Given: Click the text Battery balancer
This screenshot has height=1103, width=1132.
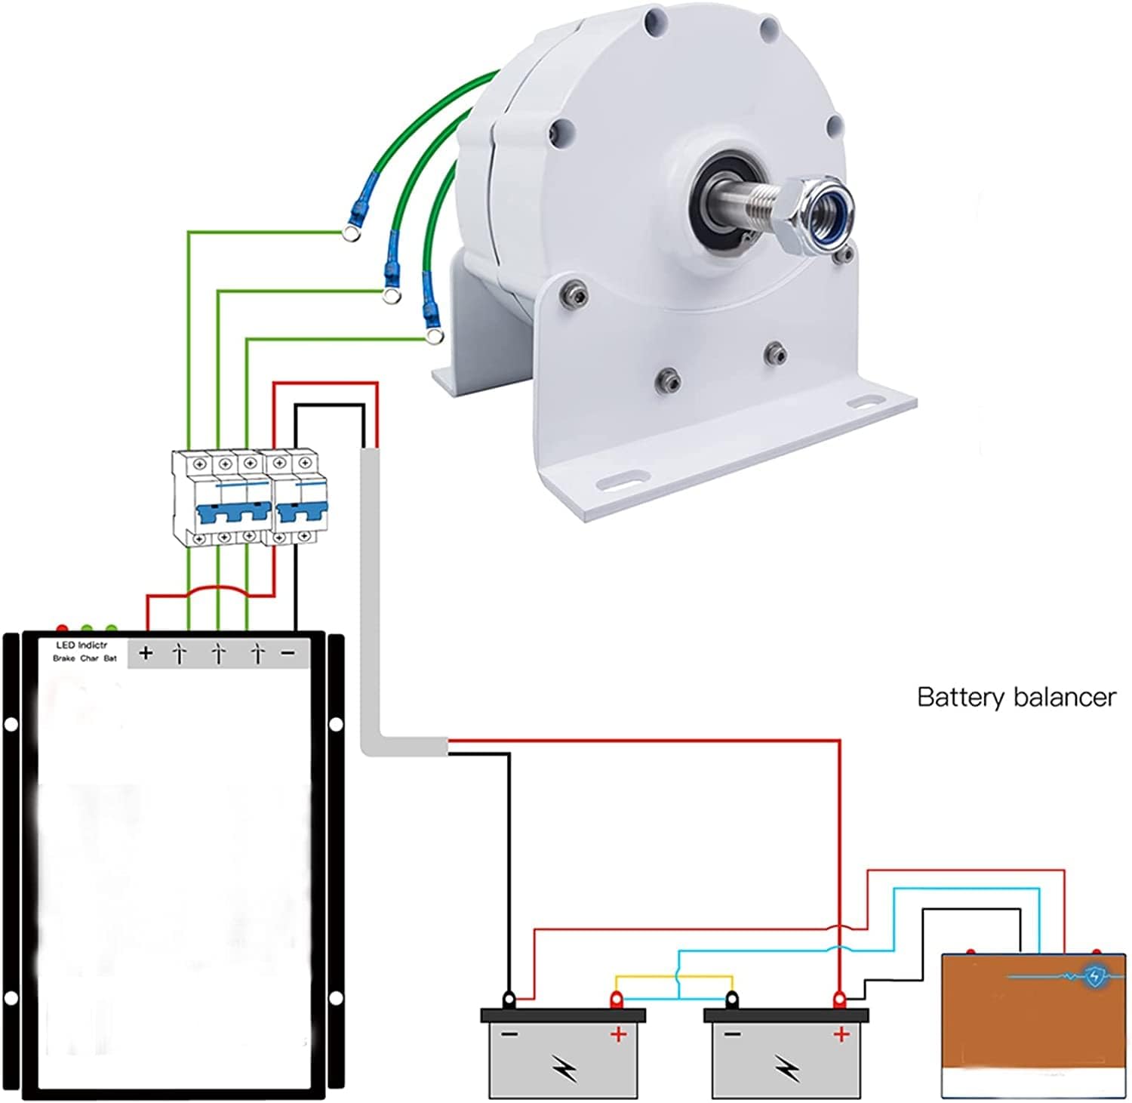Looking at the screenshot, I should [x=1016, y=697].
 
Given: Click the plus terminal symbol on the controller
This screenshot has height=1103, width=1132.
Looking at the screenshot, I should [x=146, y=653].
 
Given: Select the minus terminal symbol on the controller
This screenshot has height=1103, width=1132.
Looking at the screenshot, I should [x=288, y=654].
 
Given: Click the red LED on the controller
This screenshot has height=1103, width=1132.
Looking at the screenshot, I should [x=62, y=629].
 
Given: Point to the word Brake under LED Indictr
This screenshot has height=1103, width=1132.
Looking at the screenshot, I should [x=63, y=658].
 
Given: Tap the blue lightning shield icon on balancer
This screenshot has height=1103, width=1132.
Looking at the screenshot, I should [x=1094, y=976].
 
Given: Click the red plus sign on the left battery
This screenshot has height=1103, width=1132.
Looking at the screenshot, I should [x=618, y=1034].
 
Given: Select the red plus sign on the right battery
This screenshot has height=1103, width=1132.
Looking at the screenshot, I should [x=841, y=1034].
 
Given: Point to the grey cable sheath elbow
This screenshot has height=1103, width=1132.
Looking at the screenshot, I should [x=374, y=744].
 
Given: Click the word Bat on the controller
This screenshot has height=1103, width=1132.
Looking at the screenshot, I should [x=110, y=658].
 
